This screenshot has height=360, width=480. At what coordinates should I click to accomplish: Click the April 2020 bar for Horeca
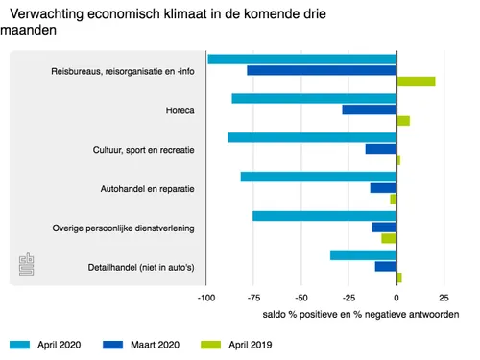(314, 98)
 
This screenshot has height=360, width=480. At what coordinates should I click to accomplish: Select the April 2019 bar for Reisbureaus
(416, 82)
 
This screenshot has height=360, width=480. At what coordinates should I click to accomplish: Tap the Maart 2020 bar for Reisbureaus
(322, 70)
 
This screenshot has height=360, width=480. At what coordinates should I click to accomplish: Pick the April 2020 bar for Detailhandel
(363, 255)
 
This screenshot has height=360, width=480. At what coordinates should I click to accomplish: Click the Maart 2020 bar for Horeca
(370, 109)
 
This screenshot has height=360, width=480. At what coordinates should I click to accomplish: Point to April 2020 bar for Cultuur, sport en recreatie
(312, 137)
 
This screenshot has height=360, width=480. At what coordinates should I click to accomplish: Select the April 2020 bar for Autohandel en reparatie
(318, 177)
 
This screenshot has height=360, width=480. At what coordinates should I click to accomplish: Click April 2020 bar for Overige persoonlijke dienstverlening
(324, 216)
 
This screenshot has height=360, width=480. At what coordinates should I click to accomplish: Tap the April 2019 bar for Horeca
(403, 121)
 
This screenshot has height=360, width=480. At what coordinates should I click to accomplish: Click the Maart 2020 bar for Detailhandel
(386, 266)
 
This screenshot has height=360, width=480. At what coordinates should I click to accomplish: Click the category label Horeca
(180, 110)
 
